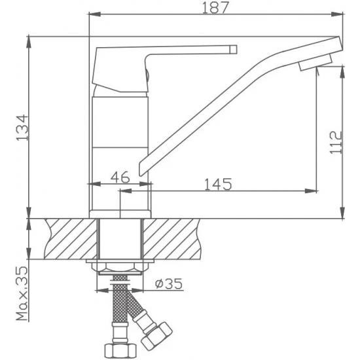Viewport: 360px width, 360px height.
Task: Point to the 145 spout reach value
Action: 218,184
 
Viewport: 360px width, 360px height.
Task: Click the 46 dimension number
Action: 118,177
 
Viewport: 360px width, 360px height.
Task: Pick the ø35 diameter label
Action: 170,283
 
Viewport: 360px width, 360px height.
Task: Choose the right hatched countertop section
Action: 173,239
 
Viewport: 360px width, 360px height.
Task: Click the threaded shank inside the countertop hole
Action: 120,239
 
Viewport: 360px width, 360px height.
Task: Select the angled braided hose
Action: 137,308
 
